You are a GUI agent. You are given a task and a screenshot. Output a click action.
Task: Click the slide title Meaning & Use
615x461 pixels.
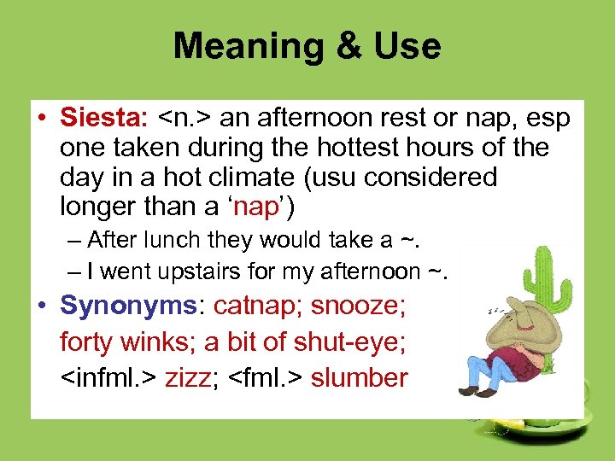tap(307, 46)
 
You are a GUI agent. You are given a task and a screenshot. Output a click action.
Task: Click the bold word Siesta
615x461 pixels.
tap(104, 118)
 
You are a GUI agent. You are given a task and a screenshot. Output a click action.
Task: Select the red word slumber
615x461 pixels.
tap(360, 377)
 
